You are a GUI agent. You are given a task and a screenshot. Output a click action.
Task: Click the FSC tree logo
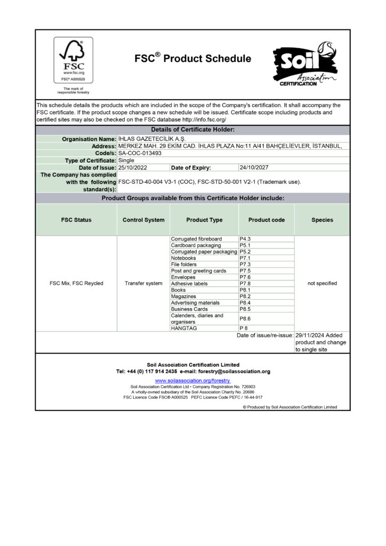tap(73, 60)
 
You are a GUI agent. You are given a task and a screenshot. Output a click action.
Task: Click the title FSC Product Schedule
tap(192, 59)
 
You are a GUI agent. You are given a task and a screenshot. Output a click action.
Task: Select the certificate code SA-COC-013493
tap(140, 153)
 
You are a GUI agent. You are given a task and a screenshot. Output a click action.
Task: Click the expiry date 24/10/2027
tap(254, 167)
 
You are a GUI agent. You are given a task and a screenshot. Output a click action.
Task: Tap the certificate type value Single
tap(126, 160)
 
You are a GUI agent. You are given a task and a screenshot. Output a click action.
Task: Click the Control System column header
tap(143, 220)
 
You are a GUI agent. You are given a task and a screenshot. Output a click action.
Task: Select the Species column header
tap(322, 220)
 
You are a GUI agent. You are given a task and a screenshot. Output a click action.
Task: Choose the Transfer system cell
tap(143, 283)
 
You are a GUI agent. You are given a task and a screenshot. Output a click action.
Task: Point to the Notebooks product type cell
tap(183, 258)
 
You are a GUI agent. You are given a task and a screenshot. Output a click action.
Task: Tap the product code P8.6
tap(245, 318)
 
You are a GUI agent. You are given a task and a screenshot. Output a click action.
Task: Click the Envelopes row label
tap(183, 277)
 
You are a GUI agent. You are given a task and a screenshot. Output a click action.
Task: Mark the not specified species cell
tap(322, 283)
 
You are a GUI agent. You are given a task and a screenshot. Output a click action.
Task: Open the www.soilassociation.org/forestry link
tap(192, 381)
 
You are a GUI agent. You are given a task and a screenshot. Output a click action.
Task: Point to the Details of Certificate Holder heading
tap(192, 130)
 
